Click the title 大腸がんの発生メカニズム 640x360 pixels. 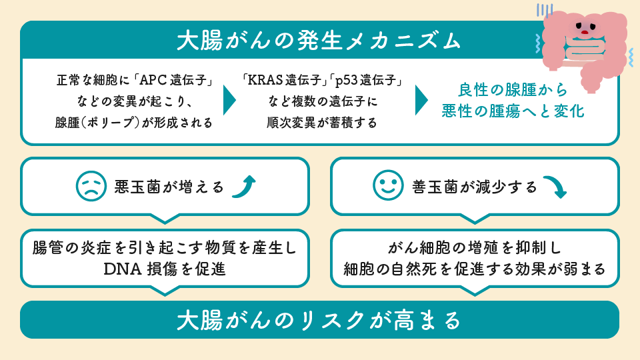319,41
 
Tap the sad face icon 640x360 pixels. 91,186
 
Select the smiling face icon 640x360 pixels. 388,185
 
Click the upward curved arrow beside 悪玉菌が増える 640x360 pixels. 244,187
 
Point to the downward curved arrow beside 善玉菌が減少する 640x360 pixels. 555,187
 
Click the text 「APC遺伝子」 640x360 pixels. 174,80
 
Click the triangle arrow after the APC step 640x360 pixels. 229,100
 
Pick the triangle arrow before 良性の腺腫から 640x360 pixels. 421,100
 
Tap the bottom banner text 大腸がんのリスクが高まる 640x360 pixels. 319,320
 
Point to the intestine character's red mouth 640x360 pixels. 585,32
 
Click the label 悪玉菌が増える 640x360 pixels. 169,187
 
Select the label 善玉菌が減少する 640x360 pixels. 474,187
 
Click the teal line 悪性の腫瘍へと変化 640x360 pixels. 513,111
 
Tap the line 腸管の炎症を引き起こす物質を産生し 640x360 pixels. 165,247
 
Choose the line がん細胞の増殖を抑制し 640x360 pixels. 474,247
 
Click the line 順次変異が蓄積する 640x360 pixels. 322,123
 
